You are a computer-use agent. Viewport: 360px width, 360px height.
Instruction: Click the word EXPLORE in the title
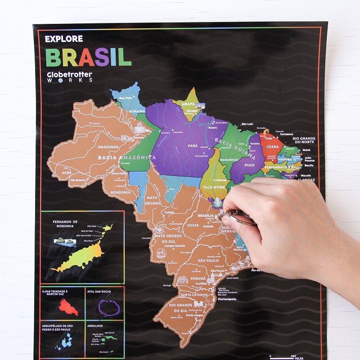(64, 39)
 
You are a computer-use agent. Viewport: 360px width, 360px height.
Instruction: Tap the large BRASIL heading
(88, 57)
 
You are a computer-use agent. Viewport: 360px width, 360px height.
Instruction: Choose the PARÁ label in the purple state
(193, 146)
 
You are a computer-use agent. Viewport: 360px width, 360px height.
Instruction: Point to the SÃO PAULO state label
(208, 261)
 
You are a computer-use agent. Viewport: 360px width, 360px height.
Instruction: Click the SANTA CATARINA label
(194, 295)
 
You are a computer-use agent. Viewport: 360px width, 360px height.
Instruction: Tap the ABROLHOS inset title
(95, 326)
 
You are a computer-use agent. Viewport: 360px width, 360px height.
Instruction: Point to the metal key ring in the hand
(238, 218)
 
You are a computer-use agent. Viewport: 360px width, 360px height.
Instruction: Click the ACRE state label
(67, 173)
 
